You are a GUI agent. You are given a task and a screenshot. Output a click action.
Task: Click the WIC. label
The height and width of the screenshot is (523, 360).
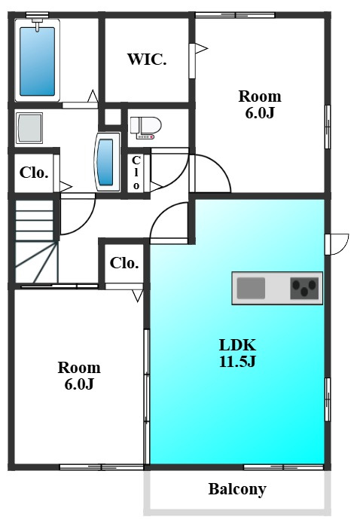(147, 60)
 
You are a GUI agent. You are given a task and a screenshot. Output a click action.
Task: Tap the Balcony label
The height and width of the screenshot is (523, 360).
(237, 489)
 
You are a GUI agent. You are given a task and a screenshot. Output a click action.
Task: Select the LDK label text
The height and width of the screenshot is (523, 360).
(237, 345)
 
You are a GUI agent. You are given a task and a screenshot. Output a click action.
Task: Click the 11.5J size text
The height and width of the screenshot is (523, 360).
(237, 361)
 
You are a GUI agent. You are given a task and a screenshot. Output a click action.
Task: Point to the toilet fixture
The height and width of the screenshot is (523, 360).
(145, 127)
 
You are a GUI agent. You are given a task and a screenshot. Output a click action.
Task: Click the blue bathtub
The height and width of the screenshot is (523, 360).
(38, 61)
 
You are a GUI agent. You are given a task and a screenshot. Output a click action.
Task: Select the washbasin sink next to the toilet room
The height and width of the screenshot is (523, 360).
(108, 162)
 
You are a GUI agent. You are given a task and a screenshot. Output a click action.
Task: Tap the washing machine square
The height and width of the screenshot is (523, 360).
(29, 128)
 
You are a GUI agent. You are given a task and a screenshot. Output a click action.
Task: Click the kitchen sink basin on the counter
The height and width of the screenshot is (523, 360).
(251, 288)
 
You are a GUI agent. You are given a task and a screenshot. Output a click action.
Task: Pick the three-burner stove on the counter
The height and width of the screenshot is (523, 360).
(304, 288)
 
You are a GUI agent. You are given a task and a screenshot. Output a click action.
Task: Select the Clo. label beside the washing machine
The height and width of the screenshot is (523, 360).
(34, 173)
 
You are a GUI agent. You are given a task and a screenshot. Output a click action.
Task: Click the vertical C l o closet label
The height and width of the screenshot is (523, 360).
(136, 173)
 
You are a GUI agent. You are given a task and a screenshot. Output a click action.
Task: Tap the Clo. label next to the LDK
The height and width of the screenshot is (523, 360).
(124, 263)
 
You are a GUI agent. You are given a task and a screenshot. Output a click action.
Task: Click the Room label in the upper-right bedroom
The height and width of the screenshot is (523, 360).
(260, 96)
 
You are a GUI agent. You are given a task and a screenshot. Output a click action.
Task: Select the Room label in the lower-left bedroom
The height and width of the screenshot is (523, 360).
(79, 368)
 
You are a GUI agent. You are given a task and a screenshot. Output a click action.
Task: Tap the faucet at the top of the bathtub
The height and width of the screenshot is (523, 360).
(38, 24)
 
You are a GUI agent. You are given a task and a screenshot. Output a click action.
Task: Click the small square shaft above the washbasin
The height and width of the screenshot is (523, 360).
(113, 117)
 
